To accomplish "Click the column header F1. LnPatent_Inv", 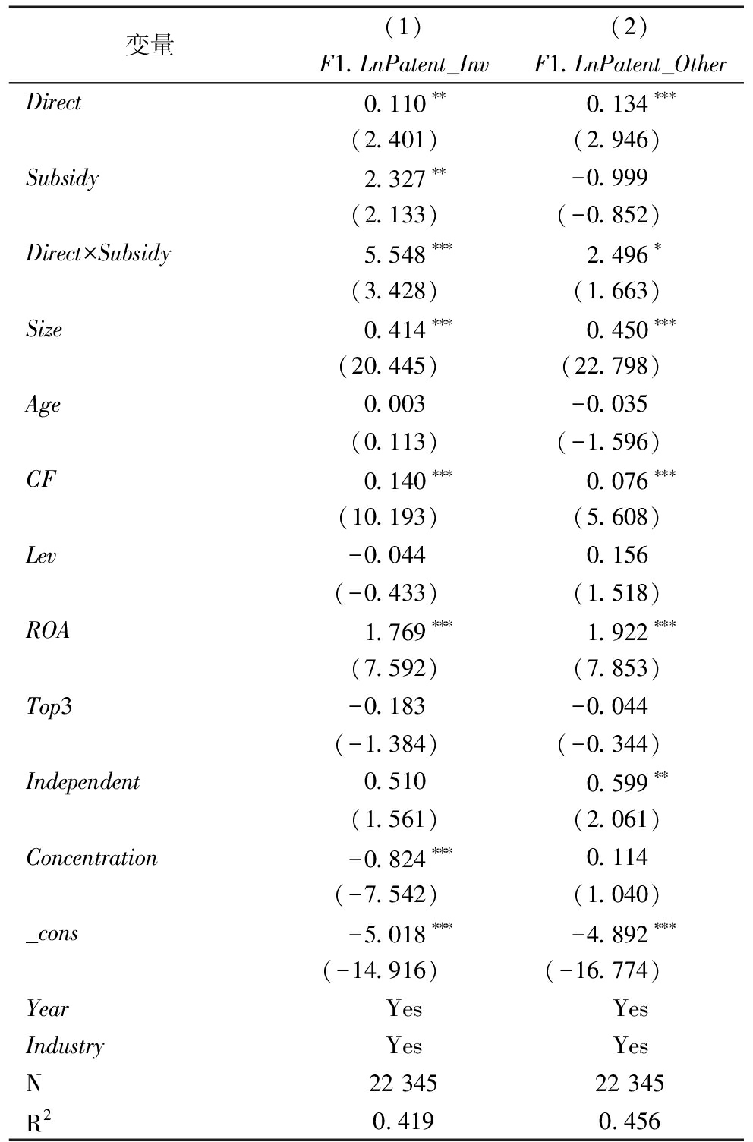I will [x=404, y=65].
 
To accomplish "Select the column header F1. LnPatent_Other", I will [x=630, y=65].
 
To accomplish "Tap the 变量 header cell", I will [x=150, y=46].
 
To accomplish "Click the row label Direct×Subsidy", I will [x=99, y=254].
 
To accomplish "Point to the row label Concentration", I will [x=92, y=858].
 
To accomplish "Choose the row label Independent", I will [x=83, y=782].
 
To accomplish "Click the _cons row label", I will [x=52, y=933].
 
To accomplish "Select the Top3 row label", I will [x=49, y=707].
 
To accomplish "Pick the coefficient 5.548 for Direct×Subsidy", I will [x=395, y=255].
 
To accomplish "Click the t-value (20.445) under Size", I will [x=388, y=367].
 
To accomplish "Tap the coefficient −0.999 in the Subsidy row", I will [x=610, y=178].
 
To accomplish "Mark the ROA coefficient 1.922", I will [x=618, y=632].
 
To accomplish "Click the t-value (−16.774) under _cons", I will [x=603, y=970].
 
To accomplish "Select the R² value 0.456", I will [x=629, y=1121].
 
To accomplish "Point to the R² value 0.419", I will [x=403, y=1121].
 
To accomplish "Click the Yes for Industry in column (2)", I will [x=630, y=1046].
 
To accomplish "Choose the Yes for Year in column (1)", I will [x=404, y=1008].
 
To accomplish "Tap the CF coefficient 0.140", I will [x=395, y=481].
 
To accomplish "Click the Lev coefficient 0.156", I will [x=617, y=556].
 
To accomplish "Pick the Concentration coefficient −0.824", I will [x=387, y=859].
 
